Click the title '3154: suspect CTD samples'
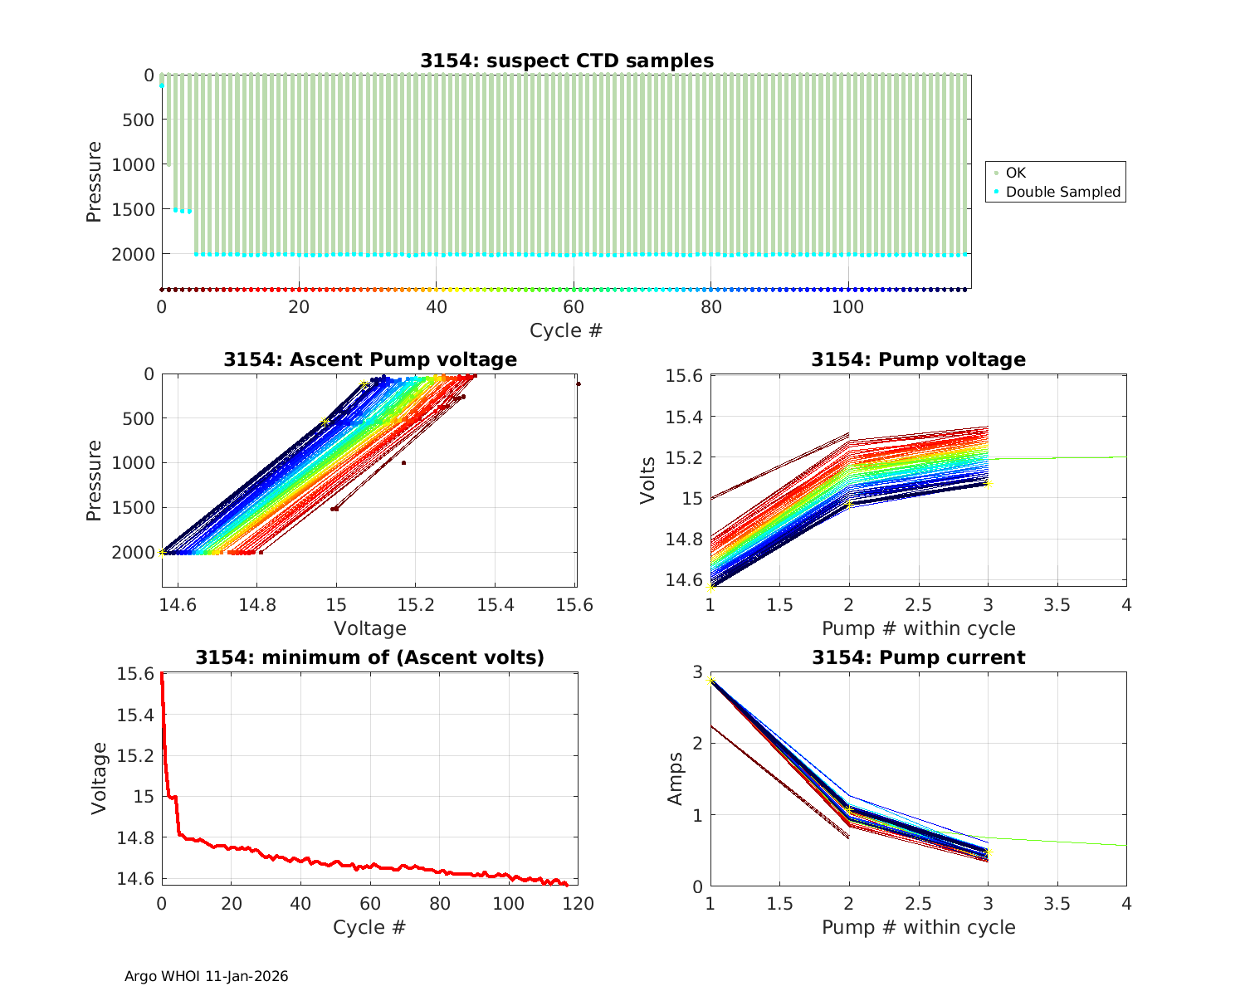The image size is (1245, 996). (566, 61)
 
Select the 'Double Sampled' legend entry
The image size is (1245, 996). (1062, 192)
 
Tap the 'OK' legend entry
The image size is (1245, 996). (1015, 173)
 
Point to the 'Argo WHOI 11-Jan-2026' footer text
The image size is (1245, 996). (206, 976)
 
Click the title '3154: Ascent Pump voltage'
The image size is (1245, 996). (369, 359)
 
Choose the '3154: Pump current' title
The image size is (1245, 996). (918, 657)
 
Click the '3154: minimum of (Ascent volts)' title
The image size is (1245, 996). (369, 657)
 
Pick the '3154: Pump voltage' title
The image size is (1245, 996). (918, 359)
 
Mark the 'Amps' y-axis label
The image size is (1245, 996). (676, 778)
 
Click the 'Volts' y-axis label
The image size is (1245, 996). (647, 481)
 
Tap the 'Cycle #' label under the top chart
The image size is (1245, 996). (566, 330)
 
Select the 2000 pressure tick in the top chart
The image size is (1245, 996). (133, 254)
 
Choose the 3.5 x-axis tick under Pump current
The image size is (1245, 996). (1057, 903)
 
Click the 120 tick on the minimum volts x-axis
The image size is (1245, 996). (578, 903)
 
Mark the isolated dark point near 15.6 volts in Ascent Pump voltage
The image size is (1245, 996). (579, 383)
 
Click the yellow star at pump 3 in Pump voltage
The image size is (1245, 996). (989, 483)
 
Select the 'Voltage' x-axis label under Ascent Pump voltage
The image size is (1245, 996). (369, 628)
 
